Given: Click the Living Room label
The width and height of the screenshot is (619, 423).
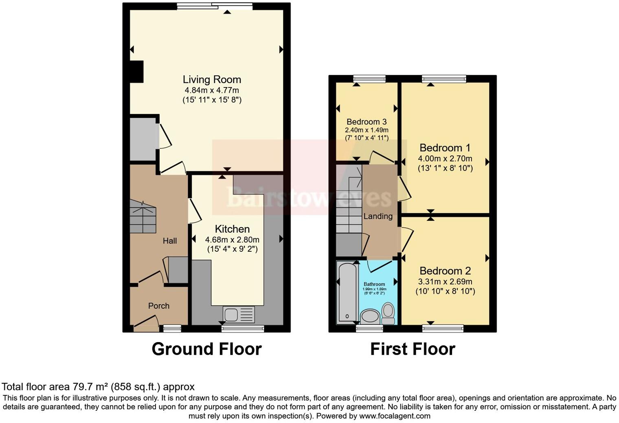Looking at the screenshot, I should click(x=212, y=80).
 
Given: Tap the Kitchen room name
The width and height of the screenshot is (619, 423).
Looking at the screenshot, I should click(x=232, y=229).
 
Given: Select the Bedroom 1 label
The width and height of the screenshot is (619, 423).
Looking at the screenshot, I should click(x=441, y=148).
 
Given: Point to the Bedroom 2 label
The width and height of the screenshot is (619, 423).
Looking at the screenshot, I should click(x=445, y=271).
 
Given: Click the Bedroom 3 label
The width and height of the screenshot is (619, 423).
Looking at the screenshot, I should click(x=367, y=122).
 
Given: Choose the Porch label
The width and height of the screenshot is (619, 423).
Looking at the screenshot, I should click(x=159, y=306).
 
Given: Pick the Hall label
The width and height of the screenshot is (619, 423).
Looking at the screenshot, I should click(x=170, y=241).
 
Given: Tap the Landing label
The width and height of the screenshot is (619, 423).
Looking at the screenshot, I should click(x=378, y=216).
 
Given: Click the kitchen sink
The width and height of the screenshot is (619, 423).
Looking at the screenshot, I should click(x=231, y=314).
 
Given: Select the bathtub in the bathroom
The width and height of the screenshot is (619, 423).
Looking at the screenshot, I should click(x=347, y=293).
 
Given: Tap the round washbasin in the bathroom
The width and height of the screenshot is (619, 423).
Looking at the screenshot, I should click(x=370, y=316).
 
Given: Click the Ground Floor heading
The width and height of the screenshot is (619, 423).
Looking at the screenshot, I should click(x=206, y=349).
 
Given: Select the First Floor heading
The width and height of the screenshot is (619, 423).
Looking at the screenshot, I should click(x=413, y=349).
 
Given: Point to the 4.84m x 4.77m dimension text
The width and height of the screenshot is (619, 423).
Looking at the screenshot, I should click(x=212, y=90).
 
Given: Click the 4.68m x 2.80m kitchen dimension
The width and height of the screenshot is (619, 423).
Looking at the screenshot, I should click(x=232, y=240).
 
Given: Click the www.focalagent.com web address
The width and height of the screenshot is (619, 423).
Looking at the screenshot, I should click(x=395, y=416).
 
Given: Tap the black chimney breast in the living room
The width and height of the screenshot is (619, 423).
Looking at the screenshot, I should click(x=137, y=72).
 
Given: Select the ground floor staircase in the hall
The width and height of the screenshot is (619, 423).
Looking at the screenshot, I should click(x=143, y=218).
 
